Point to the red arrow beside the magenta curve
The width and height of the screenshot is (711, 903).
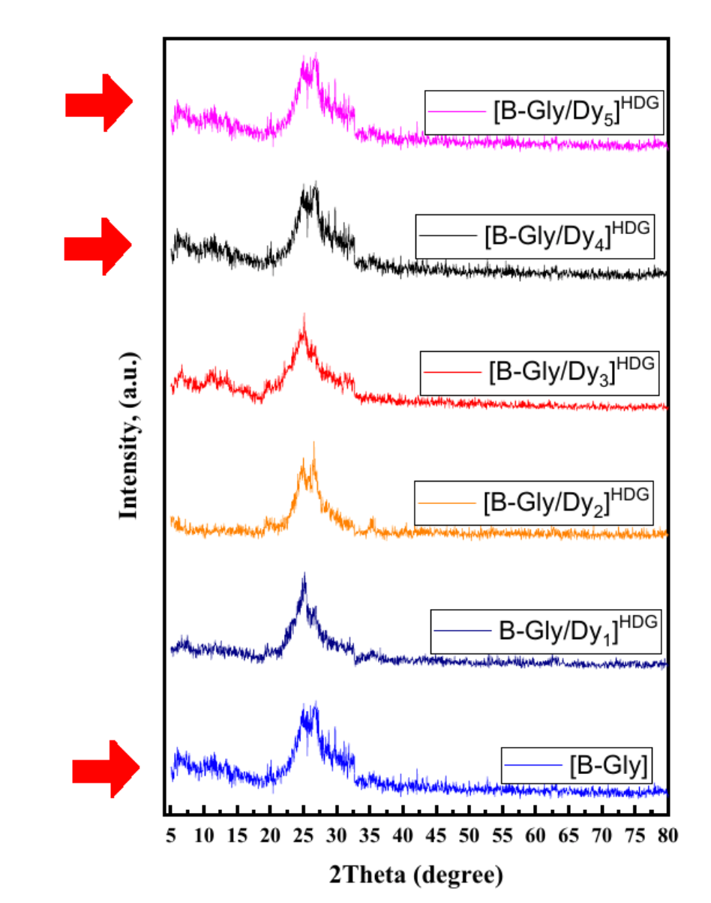coord(98,103)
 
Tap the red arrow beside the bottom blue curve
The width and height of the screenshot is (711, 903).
coord(106,769)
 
